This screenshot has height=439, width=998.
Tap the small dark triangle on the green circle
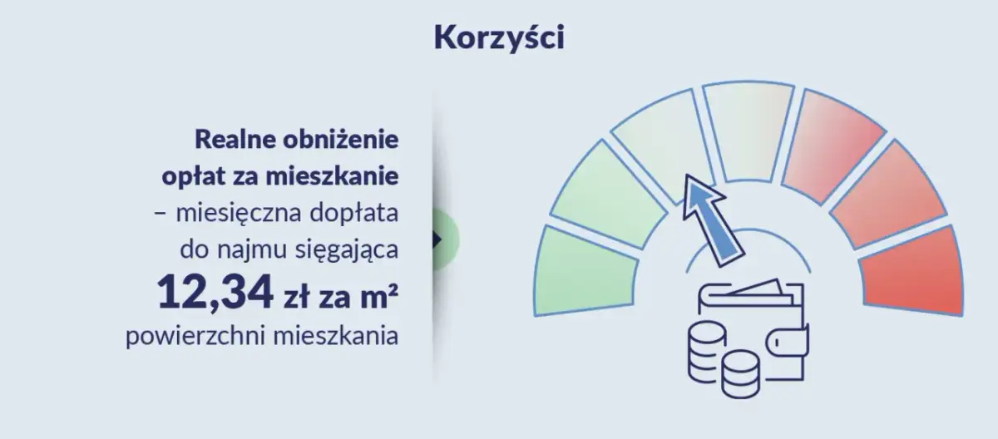437,239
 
